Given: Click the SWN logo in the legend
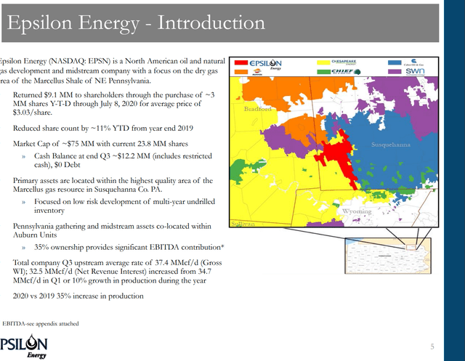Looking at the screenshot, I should point(415,72).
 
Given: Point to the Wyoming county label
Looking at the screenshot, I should point(356,211).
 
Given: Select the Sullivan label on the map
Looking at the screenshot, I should point(242,224).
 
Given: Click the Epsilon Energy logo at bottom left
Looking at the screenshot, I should point(23,346).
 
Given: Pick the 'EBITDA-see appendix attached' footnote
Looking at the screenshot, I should point(41,323).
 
